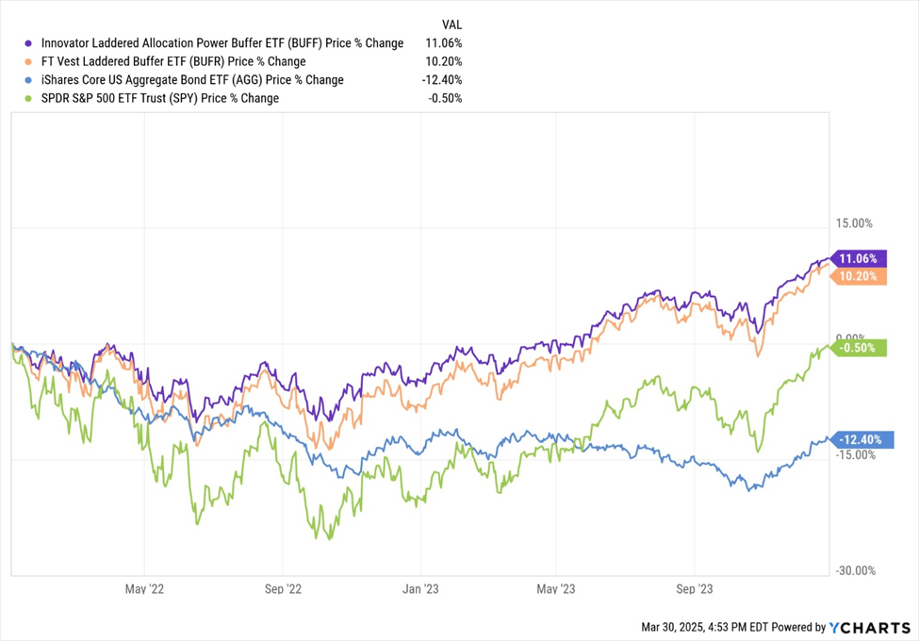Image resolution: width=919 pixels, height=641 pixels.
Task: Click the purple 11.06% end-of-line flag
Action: [859, 258]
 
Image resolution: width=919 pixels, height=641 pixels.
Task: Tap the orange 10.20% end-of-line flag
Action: [859, 276]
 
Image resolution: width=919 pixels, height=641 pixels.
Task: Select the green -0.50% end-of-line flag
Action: [859, 347]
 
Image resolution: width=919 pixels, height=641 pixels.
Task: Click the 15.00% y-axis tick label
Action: [854, 223]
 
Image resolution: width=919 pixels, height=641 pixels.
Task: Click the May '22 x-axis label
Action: [144, 589]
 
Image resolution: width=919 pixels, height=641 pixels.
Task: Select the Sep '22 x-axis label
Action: [283, 589]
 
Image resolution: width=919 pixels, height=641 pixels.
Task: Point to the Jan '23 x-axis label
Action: [419, 589]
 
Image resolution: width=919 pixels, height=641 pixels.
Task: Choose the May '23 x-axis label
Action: [556, 589]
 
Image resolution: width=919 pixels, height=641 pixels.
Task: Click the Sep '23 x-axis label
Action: [693, 589]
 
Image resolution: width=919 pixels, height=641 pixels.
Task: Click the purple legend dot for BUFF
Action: [29, 43]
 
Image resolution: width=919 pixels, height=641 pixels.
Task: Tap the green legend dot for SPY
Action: [29, 98]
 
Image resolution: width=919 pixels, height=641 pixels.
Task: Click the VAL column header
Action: [451, 23]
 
